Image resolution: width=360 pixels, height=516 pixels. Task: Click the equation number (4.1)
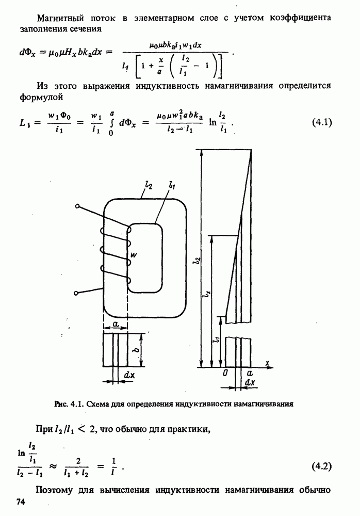pos(322,123)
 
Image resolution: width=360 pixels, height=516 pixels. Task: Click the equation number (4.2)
pos(321,466)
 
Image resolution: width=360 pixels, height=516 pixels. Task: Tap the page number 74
pos(21,502)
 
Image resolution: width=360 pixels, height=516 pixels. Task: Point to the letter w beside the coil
pos(134,254)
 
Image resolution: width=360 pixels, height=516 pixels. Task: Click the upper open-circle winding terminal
pos(77,206)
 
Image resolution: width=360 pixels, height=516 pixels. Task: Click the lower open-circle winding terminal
pos(76,293)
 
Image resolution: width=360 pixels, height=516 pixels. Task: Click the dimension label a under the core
pos(116,324)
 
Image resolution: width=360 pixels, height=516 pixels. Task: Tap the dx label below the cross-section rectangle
pos(129,375)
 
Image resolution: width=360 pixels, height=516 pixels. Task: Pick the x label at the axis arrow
pos(268,363)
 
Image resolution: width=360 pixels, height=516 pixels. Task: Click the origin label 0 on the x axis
pos(225,373)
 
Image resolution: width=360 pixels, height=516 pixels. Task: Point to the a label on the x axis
pos(250,373)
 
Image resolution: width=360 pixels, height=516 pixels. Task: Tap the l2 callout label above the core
pos(148,185)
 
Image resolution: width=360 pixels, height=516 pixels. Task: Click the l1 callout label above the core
pos(171,185)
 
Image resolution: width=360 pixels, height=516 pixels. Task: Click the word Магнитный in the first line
pos(60,18)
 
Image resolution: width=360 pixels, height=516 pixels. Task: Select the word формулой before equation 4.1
pos(41,98)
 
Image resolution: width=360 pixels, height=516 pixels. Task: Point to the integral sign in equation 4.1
pos(110,123)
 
